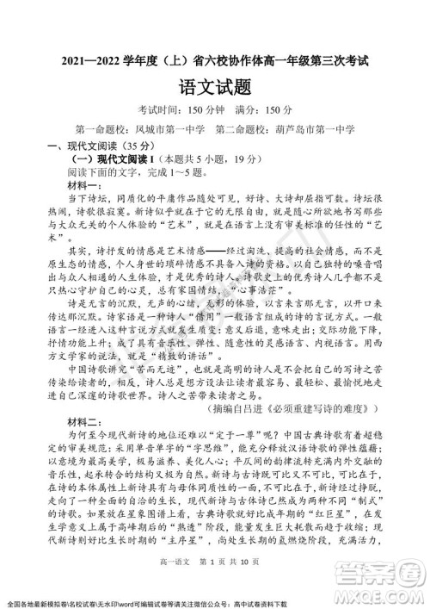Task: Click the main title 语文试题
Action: (216, 86)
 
